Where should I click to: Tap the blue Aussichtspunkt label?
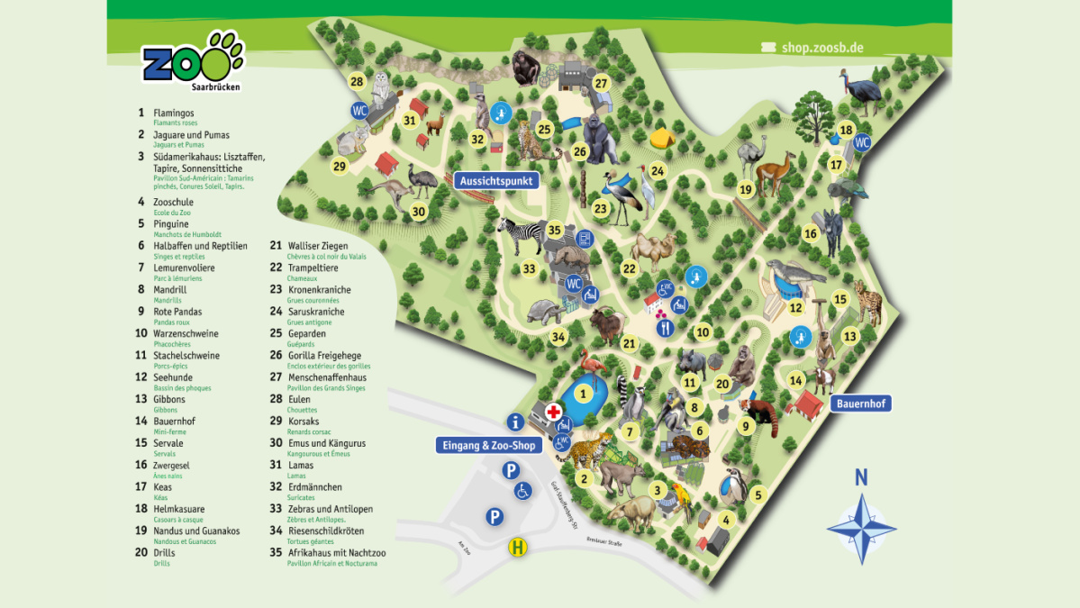pyautogui.click(x=496, y=180)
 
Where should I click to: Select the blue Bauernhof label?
pyautogui.click(x=860, y=404)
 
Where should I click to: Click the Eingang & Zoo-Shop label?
pyautogui.click(x=487, y=445)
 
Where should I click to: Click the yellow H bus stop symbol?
pyautogui.click(x=518, y=546)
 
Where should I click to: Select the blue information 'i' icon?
pyautogui.click(x=515, y=421)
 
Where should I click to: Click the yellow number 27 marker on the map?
pyautogui.click(x=602, y=84)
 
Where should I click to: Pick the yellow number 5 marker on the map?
pyautogui.click(x=758, y=495)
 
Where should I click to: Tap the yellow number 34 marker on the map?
pyautogui.click(x=558, y=337)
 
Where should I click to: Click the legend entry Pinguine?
pyautogui.click(x=171, y=223)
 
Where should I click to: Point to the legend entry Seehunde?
pyautogui.click(x=173, y=377)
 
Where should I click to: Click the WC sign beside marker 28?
pyautogui.click(x=359, y=110)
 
